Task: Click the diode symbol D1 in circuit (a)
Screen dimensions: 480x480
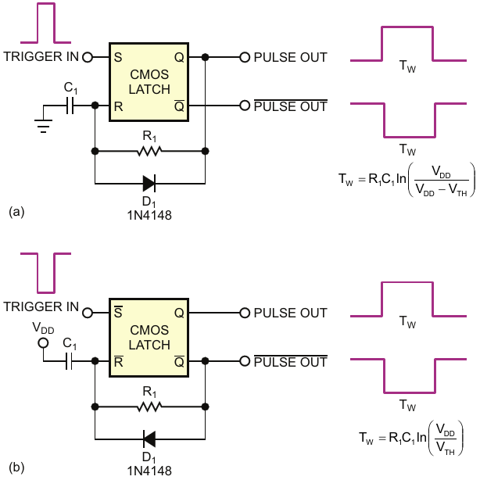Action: click(149, 184)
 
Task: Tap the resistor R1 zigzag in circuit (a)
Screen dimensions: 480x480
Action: click(149, 151)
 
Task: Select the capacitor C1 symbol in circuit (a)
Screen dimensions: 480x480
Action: click(70, 106)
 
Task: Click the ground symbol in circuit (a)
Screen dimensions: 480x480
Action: click(43, 127)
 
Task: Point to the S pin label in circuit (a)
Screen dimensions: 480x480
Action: click(118, 57)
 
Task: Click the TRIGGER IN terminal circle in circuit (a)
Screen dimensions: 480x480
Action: click(88, 57)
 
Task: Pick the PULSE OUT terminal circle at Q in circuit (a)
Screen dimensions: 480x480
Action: click(245, 57)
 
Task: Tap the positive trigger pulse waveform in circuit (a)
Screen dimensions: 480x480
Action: click(46, 23)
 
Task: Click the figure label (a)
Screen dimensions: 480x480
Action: click(16, 212)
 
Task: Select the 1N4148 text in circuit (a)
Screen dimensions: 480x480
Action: click(149, 215)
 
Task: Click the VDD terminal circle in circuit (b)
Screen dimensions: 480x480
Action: click(43, 343)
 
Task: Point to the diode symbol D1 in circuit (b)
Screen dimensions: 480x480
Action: click(149, 439)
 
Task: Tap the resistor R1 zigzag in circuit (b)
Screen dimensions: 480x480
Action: click(149, 407)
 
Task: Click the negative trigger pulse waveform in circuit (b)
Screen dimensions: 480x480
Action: click(46, 273)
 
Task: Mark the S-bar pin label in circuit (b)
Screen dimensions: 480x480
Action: click(118, 312)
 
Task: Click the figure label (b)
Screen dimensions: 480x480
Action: click(16, 467)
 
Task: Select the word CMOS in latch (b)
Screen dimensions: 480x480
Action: click(149, 330)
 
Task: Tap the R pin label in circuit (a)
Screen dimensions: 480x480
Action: click(118, 106)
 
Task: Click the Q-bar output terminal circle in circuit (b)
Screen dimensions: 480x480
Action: click(245, 361)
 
